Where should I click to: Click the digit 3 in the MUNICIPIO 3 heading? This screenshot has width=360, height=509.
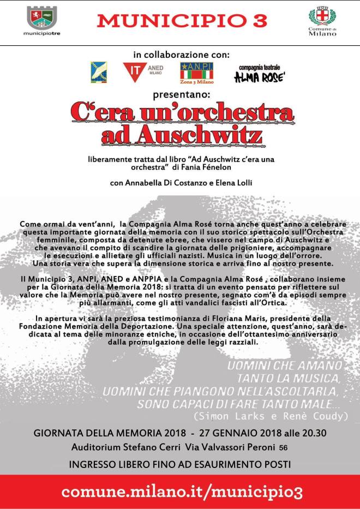pos(260,21)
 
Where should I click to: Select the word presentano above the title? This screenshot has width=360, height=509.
pos(179,93)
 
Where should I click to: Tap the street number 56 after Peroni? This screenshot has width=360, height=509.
pos(284,448)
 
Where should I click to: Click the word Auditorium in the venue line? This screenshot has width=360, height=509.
pos(99,447)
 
